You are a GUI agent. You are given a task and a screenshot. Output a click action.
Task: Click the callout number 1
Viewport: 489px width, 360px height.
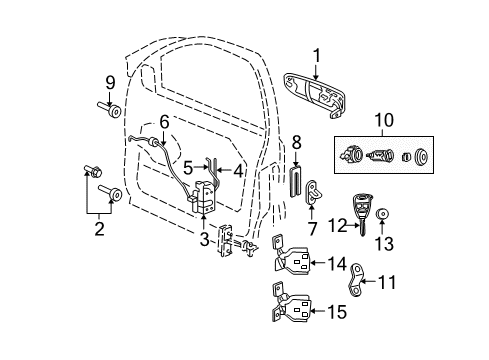(x=315, y=56)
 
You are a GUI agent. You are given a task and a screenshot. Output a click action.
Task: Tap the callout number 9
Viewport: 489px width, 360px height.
(x=110, y=82)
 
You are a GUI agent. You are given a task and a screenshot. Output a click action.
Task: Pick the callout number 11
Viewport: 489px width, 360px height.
(x=385, y=283)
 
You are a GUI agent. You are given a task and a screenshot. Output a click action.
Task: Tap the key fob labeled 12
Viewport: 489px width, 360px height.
(x=364, y=212)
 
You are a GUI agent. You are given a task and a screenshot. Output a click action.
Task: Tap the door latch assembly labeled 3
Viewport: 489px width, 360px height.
(x=206, y=200)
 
